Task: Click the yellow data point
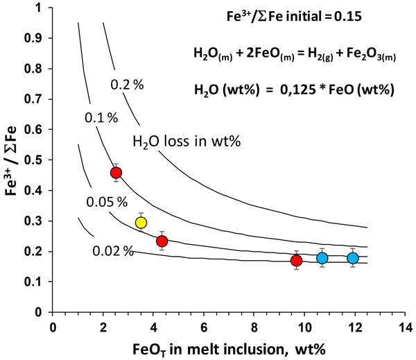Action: tap(141, 223)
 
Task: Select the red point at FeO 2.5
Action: tap(116, 173)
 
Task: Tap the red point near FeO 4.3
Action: tap(162, 241)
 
